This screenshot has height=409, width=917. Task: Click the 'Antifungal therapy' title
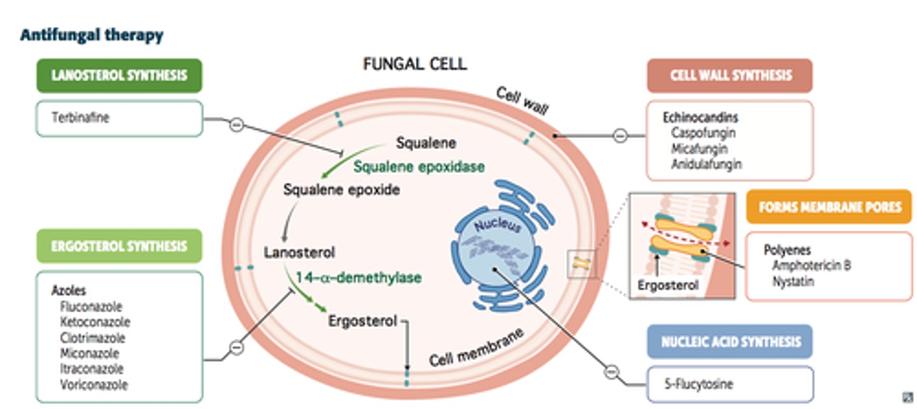coord(92,35)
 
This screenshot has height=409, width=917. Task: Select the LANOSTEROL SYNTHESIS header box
coord(119,75)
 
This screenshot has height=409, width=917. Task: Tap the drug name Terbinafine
coord(80,118)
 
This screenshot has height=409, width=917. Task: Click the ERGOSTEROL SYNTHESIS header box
coord(119,246)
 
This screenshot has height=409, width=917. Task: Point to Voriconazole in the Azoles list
coord(94,385)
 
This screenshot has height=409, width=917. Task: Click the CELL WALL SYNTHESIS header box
coord(730,75)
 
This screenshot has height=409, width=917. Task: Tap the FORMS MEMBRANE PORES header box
coord(829,207)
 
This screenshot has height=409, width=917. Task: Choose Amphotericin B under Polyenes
coord(811,266)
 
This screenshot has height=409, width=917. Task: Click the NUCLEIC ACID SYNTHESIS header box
coord(730,341)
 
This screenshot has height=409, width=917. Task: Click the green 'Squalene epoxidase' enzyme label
coord(419,167)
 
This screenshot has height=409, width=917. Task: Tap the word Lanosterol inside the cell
coord(299,253)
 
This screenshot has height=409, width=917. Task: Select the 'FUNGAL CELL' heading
coord(415,64)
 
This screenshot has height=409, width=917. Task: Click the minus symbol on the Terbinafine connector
coord(236,125)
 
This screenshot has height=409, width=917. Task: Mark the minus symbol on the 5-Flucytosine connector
coord(611,371)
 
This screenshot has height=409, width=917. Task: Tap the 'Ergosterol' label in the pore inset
coord(668,285)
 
